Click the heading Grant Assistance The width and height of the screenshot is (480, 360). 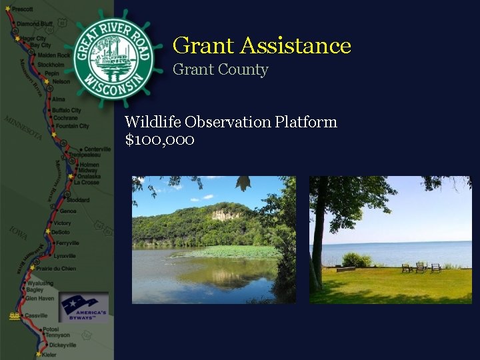pos(261,45)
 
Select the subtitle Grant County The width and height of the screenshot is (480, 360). pos(220,69)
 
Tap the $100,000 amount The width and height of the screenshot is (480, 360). pos(159,140)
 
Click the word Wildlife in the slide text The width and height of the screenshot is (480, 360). pos(153,122)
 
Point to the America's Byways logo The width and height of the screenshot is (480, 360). pos(83,307)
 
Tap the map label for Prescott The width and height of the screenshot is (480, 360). pos(23,9)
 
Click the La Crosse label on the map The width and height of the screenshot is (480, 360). pos(86,182)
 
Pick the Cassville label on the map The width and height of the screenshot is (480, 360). pos(36,315)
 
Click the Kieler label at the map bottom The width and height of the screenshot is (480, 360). pos(49,355)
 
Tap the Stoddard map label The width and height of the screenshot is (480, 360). pos(77,200)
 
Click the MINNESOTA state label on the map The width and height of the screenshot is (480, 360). pos(23,128)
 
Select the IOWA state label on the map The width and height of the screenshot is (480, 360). pos(19,233)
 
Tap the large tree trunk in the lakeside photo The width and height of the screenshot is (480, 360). pos(318,247)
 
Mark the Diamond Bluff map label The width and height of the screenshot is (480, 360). pos(34,23)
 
